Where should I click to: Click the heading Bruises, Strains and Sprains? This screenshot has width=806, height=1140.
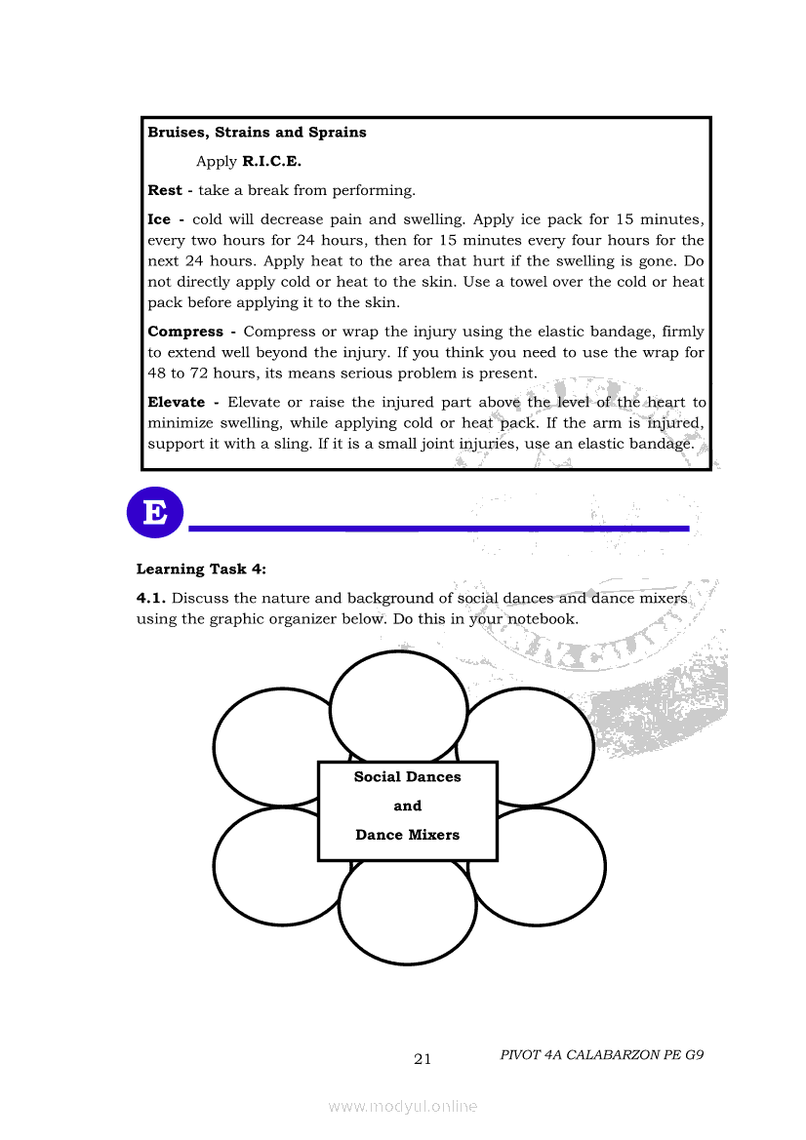click(257, 133)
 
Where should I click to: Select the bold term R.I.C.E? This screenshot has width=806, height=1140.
click(271, 162)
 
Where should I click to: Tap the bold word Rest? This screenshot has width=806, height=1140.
click(164, 191)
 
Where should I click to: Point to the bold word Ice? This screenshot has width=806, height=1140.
click(159, 220)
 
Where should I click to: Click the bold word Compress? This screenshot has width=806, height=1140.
click(184, 333)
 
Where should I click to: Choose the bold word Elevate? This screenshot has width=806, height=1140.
click(176, 403)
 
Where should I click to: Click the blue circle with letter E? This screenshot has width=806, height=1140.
click(155, 512)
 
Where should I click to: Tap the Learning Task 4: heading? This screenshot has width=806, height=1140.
click(201, 570)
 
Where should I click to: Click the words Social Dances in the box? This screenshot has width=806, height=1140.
click(407, 777)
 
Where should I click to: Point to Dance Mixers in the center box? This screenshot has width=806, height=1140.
click(407, 835)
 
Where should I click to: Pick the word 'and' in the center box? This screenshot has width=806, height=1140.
click(407, 806)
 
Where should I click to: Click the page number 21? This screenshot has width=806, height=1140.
click(423, 1060)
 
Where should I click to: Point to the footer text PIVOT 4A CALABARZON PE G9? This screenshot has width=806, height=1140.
click(601, 1055)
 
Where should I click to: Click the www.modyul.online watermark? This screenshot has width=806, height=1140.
click(403, 1107)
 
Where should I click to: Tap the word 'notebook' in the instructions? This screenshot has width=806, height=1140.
click(541, 619)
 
